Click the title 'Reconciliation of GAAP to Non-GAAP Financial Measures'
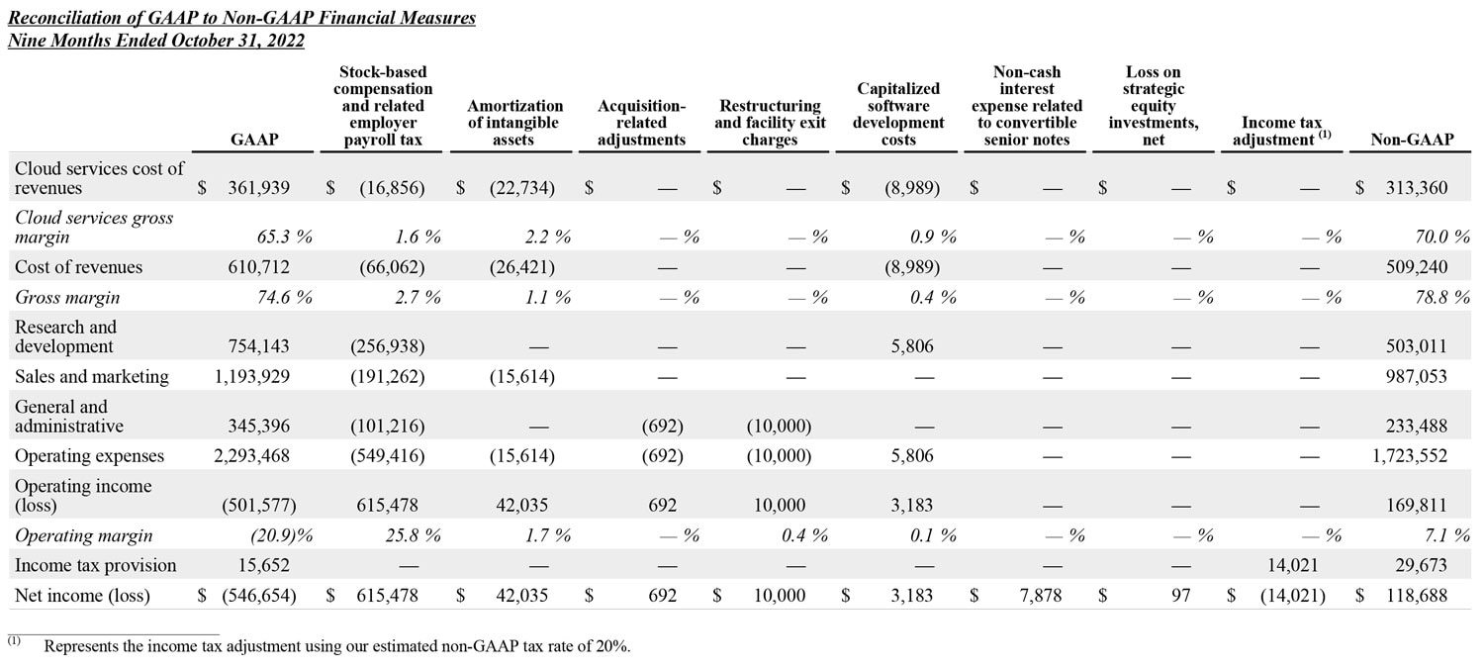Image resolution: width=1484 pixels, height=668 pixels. click(x=241, y=18)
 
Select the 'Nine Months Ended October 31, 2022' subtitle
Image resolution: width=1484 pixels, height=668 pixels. click(x=156, y=41)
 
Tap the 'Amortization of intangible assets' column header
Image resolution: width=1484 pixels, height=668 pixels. click(x=514, y=123)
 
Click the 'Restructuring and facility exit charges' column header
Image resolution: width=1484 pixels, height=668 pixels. click(x=770, y=123)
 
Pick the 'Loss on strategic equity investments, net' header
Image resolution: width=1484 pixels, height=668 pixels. click(x=1154, y=106)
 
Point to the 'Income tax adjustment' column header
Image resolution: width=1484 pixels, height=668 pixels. click(x=1282, y=131)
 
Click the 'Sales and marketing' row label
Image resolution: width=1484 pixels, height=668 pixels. click(x=92, y=376)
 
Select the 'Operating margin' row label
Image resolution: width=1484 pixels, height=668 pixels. click(x=84, y=535)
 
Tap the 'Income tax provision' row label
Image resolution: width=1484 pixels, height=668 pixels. click(x=96, y=565)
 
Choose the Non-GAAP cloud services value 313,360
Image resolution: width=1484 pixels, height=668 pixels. click(x=1417, y=188)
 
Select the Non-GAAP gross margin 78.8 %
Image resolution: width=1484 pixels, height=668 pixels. click(x=1433, y=297)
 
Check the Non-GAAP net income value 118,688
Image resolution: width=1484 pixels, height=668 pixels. click(x=1417, y=596)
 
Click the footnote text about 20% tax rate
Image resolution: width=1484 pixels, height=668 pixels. click(x=336, y=646)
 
